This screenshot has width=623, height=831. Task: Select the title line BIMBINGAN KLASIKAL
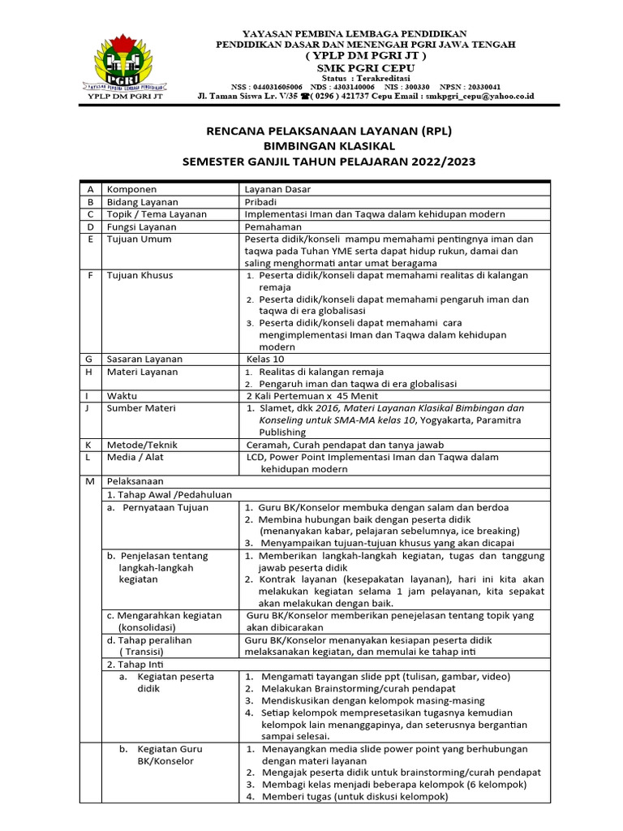[328, 146]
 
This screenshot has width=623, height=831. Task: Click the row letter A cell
[91, 189]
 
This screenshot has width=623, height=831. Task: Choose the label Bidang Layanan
[143, 201]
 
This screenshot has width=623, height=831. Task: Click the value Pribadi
[263, 201]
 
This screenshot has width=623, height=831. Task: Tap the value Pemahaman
[273, 226]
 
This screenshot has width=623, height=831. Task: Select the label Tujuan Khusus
[139, 275]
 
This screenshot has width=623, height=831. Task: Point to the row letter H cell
[91, 372]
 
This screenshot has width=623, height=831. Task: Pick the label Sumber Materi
[140, 408]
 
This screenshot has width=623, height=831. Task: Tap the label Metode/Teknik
[142, 445]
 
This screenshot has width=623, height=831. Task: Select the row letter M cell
[91, 481]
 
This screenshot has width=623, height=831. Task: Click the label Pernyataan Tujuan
[165, 507]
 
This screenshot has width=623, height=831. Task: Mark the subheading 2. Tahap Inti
[134, 664]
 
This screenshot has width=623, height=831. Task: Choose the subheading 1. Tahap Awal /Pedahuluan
[170, 493]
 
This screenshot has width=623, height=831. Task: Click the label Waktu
[122, 395]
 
